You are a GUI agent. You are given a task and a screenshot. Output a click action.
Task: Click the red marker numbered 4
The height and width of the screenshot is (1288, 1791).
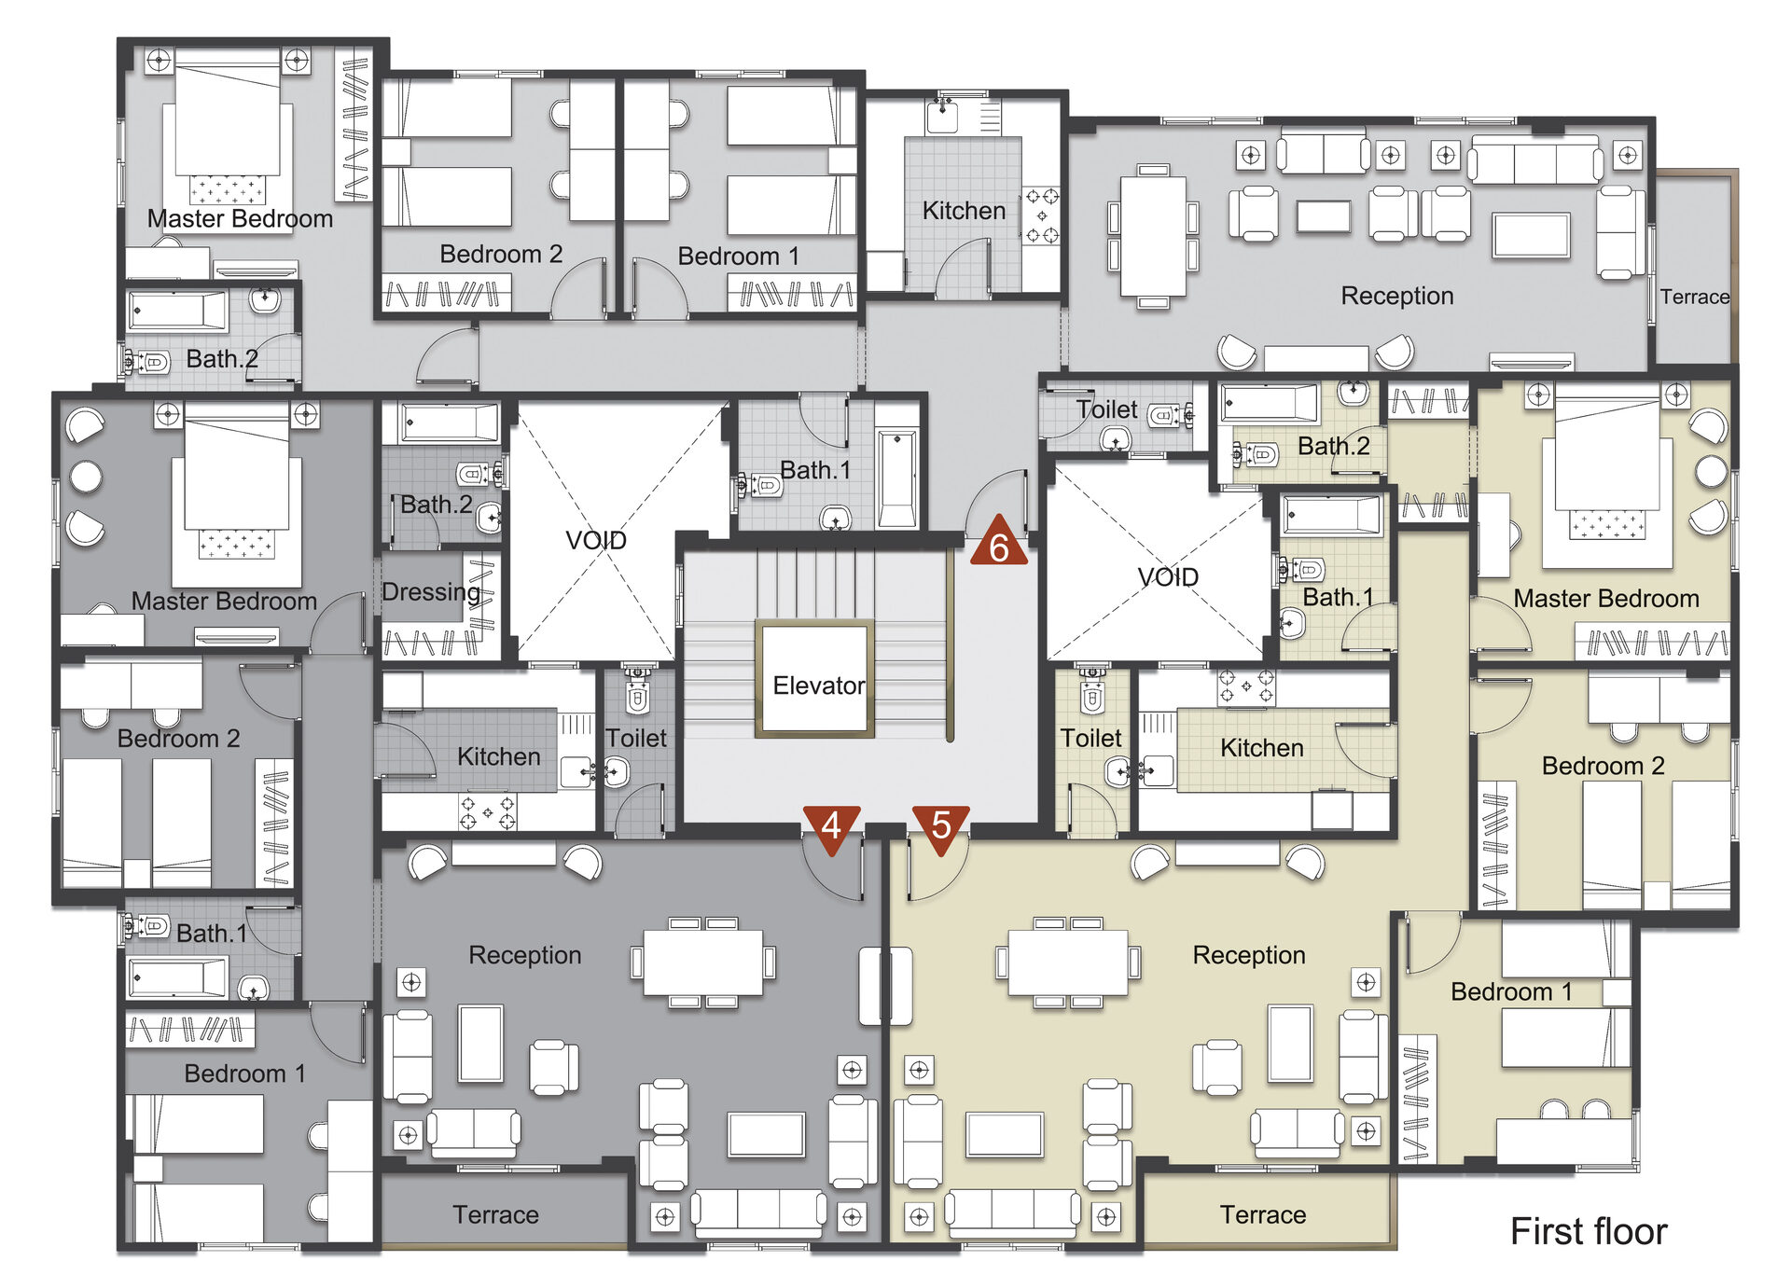click(x=831, y=826)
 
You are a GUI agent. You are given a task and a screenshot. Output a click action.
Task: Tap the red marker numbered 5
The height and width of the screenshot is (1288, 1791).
click(x=941, y=826)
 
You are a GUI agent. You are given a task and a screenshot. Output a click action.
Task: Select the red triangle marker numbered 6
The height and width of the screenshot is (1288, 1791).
click(x=998, y=544)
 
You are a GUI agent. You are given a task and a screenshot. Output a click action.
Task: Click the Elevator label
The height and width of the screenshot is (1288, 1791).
click(x=819, y=686)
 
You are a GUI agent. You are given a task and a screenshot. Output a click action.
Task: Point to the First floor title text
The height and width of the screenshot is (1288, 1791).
click(x=1589, y=1231)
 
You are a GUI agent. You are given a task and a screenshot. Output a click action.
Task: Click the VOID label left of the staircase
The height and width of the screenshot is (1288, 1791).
click(x=596, y=540)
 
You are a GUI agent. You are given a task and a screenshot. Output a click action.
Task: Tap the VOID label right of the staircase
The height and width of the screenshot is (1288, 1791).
click(x=1168, y=577)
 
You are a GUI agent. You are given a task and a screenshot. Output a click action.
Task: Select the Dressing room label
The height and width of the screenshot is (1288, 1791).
click(x=431, y=592)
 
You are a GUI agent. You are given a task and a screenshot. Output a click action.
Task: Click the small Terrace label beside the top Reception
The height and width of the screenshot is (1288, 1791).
click(x=1695, y=297)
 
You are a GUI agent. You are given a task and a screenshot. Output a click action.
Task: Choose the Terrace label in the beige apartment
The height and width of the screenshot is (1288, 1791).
click(x=1263, y=1214)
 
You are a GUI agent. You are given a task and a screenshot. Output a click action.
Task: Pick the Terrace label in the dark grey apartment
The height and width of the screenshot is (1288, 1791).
click(x=495, y=1214)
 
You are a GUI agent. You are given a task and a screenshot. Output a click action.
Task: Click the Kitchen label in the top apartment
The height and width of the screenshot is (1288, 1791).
click(x=964, y=211)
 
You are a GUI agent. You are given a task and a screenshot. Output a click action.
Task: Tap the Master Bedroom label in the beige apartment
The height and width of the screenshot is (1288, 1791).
click(x=1606, y=599)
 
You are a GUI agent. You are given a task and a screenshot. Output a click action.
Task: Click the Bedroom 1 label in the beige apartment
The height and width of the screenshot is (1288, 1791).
click(x=1511, y=991)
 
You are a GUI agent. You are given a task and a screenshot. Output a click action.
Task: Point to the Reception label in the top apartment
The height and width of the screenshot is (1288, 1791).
click(x=1397, y=296)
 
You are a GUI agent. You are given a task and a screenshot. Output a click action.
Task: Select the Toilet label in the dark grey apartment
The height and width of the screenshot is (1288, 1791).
click(x=636, y=739)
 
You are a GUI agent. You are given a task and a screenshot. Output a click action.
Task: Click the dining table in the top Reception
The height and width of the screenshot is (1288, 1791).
click(x=1153, y=236)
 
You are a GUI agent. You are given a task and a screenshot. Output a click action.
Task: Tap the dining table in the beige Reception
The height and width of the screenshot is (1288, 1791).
click(x=1068, y=963)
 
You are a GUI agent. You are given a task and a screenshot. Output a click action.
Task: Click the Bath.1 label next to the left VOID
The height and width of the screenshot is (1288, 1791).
click(x=815, y=470)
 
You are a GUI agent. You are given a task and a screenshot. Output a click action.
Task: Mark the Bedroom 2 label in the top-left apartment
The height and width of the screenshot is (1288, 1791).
click(x=501, y=254)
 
